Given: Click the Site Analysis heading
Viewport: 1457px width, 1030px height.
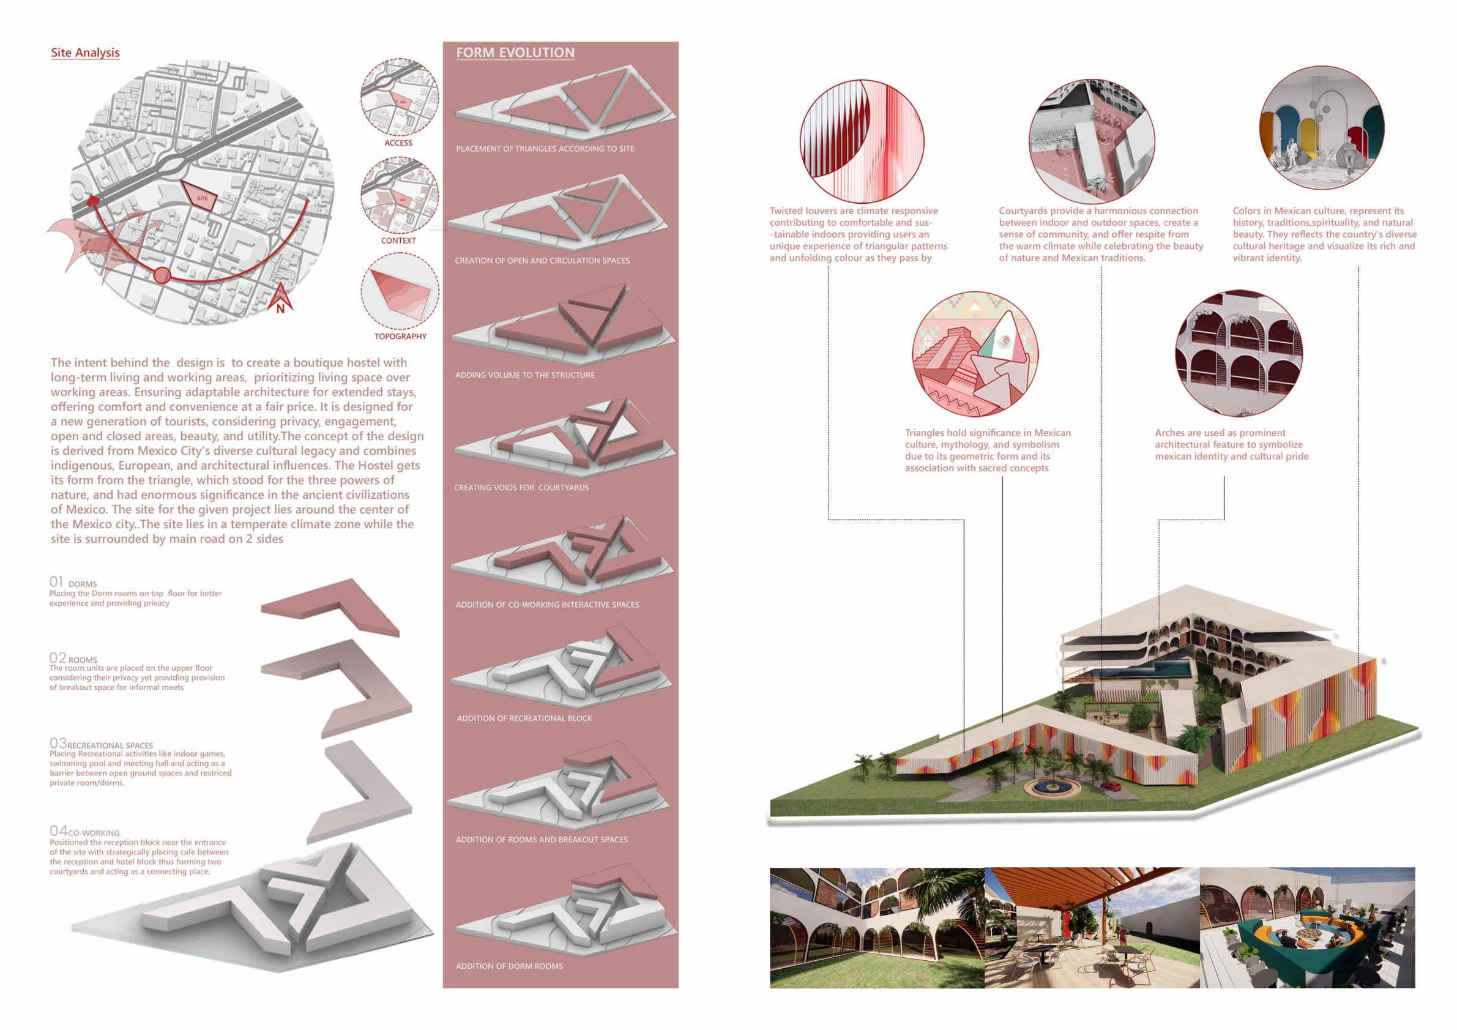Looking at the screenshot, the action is point(85,53).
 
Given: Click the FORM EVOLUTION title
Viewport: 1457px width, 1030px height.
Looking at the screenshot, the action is point(515,53).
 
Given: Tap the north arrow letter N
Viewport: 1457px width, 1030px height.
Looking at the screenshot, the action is point(280,309).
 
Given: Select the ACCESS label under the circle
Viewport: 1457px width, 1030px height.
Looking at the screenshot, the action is point(398,143).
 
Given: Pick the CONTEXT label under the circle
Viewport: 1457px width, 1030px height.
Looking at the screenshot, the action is point(398,241).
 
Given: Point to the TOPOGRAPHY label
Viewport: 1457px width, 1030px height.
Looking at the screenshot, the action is point(400,337).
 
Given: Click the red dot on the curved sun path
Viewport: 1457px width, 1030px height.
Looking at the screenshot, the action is point(162,275).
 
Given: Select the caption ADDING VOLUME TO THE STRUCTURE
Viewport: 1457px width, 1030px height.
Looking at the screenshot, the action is point(525,375).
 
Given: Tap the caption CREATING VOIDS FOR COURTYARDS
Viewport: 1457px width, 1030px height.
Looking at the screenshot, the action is point(521,487).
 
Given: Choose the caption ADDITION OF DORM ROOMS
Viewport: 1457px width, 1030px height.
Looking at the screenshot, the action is point(509,966).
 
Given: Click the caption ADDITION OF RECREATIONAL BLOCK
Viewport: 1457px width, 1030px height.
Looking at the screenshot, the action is point(524,718).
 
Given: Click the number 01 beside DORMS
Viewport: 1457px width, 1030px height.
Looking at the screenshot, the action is point(56,582).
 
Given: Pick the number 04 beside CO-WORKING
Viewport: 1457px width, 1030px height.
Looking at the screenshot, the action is point(58,830).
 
